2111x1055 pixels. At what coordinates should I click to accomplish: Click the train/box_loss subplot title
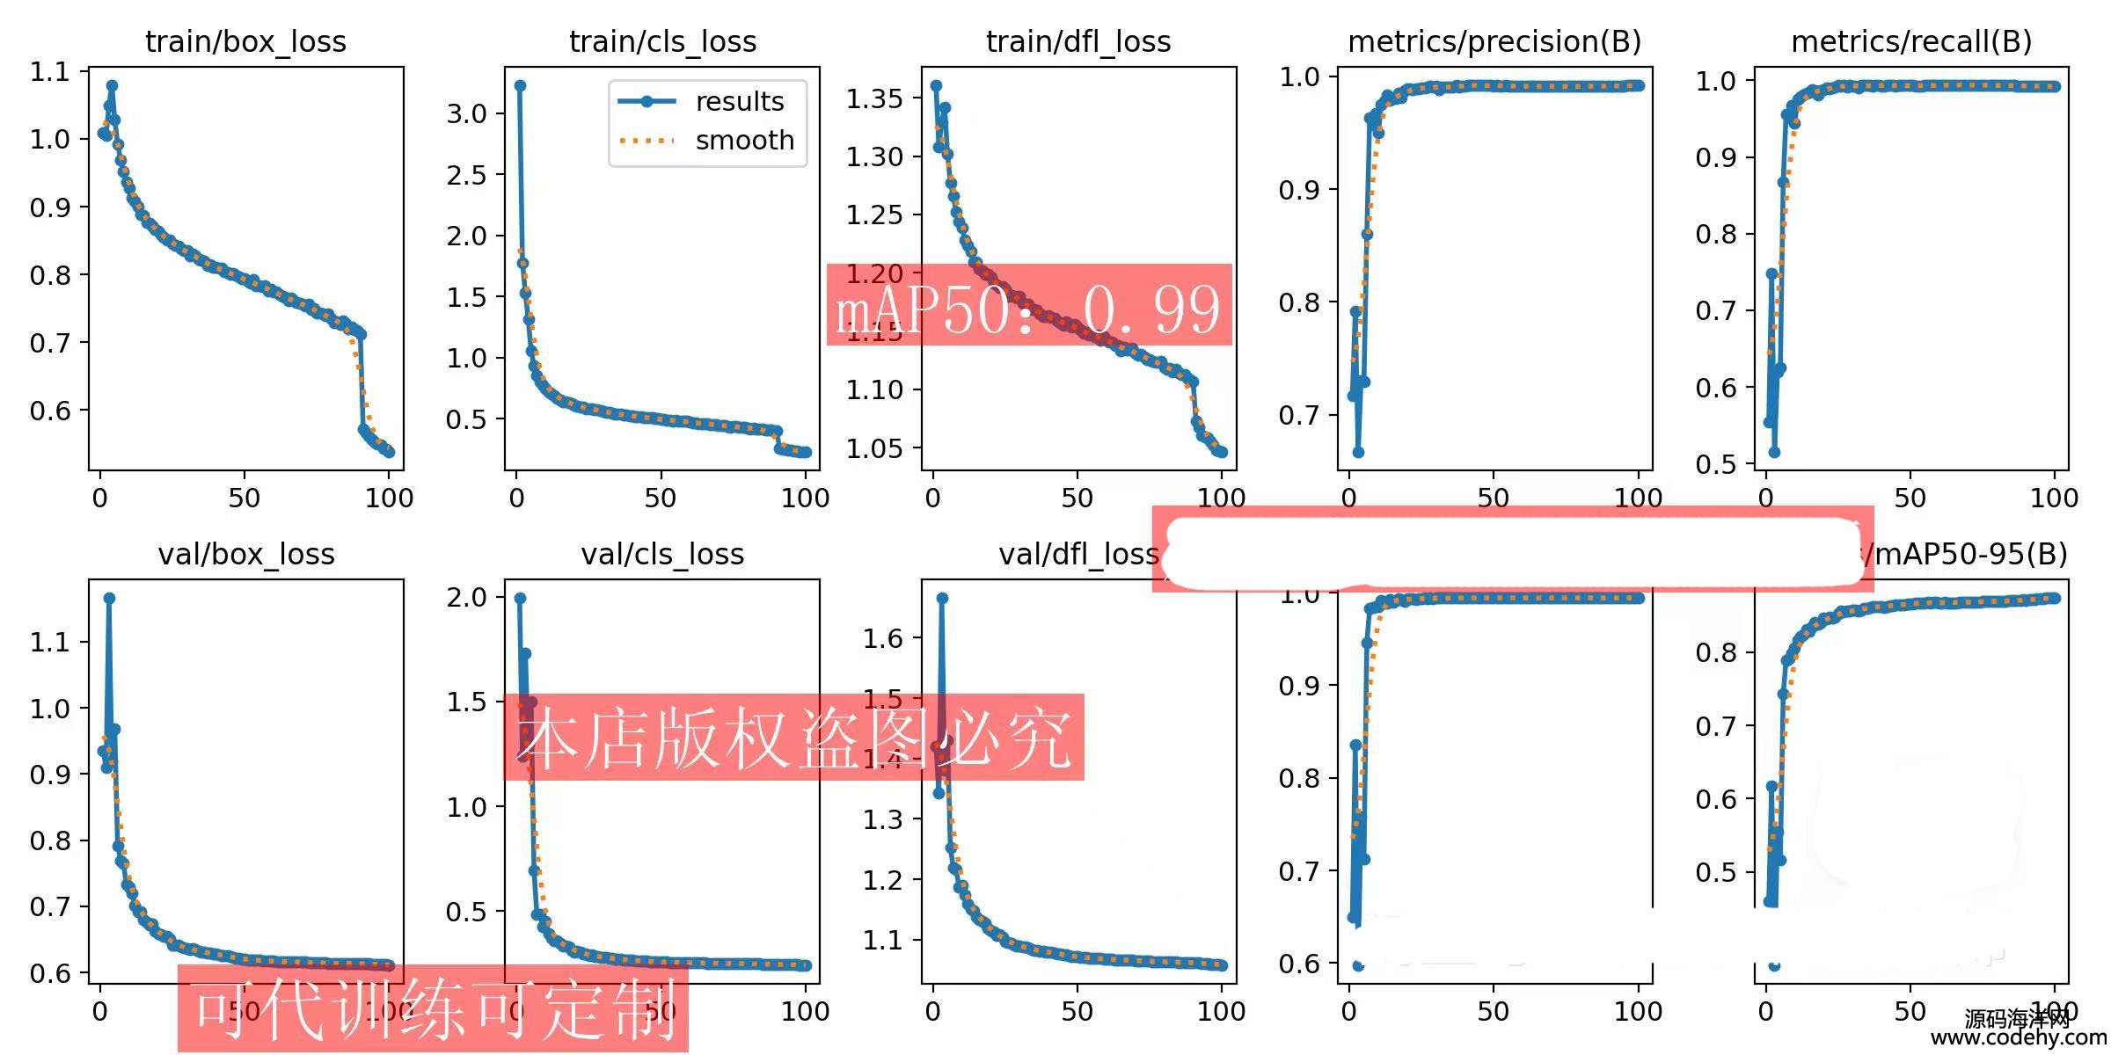pos(245,41)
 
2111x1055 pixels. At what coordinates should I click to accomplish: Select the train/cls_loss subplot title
pos(662,41)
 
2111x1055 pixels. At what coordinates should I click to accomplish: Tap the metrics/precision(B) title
pos(1494,41)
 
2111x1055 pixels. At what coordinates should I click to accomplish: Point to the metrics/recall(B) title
pos(1911,41)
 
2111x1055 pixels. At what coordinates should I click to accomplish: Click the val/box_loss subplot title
pos(245,554)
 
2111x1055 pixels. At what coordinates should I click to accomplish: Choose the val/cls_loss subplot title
pos(662,554)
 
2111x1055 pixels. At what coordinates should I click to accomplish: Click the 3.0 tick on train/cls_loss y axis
pos(466,113)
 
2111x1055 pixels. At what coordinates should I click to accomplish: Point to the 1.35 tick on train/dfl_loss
pos(874,98)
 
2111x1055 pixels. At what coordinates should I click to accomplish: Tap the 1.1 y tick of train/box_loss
pos(49,71)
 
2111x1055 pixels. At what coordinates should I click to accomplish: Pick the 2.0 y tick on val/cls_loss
pos(466,597)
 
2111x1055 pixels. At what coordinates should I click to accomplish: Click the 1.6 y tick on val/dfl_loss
pos(882,638)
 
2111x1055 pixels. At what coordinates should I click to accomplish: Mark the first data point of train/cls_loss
pos(520,85)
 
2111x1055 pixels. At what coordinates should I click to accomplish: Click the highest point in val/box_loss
pos(109,598)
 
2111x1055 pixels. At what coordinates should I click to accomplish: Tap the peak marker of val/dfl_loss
pos(942,598)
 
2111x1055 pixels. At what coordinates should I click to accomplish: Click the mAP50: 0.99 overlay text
pos(1028,308)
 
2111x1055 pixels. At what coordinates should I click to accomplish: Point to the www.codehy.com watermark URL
pos(2018,1037)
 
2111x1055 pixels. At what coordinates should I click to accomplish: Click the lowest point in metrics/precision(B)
pos(1358,452)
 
